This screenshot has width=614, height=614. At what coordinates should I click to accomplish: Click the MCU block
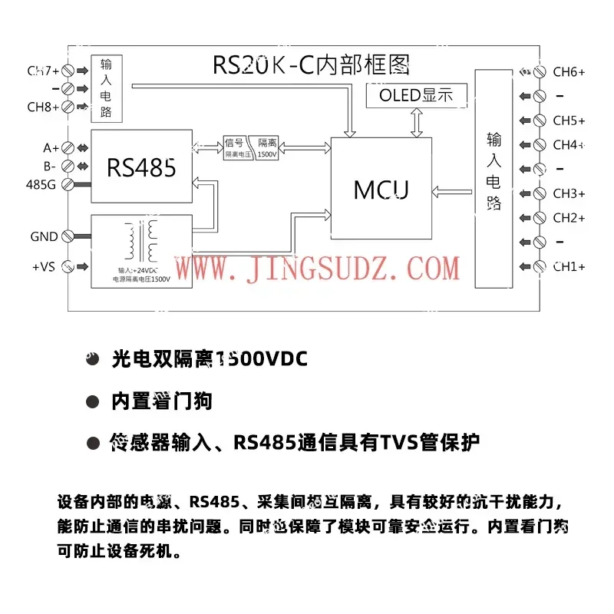(381, 190)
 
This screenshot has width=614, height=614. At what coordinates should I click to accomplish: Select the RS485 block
(141, 167)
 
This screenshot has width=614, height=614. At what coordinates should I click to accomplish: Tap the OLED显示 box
(416, 95)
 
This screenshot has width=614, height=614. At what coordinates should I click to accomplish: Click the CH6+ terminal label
(569, 72)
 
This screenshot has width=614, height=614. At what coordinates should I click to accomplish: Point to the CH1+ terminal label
(569, 266)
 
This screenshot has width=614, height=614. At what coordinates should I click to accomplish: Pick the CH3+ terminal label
(569, 193)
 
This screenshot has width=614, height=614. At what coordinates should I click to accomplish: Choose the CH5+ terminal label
(569, 120)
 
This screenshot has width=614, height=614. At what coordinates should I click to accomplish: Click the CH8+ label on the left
(43, 107)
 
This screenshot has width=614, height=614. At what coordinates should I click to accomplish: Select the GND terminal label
(44, 236)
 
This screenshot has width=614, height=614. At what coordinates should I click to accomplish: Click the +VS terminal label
(43, 266)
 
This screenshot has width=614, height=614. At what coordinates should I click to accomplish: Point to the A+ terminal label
(51, 147)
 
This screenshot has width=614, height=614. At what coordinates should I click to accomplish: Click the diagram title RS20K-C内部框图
(311, 64)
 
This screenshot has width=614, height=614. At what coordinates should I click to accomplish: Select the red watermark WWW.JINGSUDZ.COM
(318, 269)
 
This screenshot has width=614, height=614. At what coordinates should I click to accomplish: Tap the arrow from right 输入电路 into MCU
(453, 190)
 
